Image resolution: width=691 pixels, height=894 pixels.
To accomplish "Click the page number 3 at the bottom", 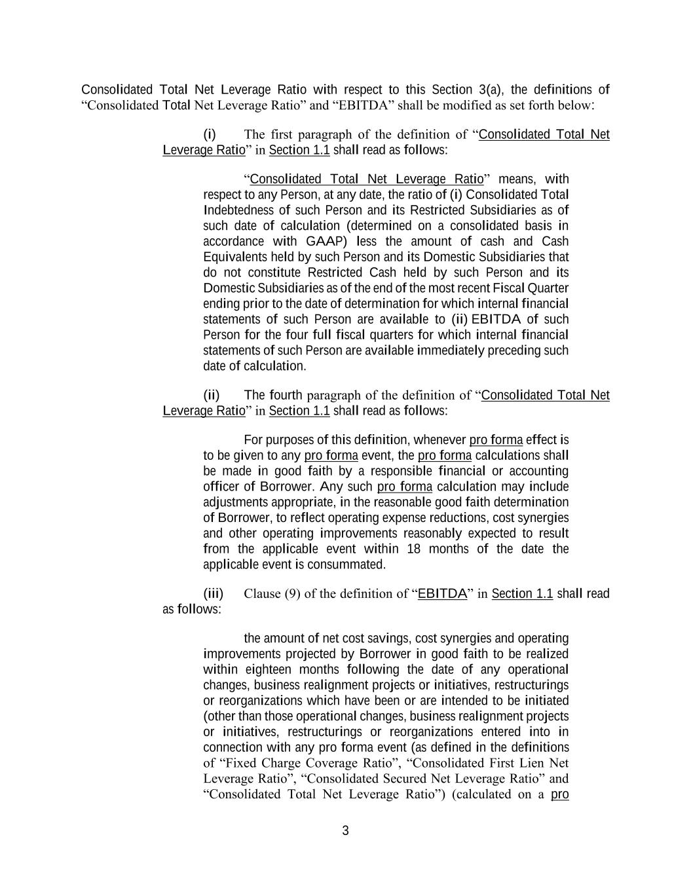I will (345, 831).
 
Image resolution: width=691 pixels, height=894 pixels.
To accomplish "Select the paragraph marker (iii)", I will (213, 593).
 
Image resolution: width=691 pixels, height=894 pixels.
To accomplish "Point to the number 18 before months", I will (413, 549).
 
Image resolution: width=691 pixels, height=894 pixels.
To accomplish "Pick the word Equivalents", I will (234, 257).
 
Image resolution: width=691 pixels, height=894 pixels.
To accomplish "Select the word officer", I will (221, 487).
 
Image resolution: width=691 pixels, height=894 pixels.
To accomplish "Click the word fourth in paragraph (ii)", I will (286, 395).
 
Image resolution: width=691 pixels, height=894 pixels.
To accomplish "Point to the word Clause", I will (262, 593).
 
